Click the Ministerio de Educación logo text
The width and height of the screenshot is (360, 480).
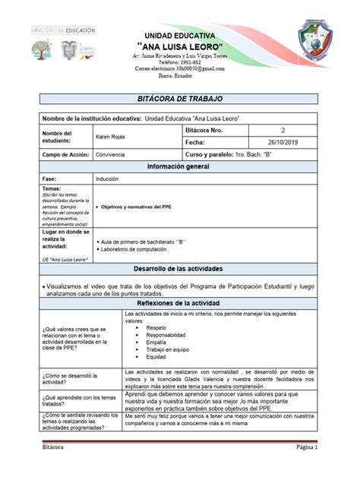coord(63,30)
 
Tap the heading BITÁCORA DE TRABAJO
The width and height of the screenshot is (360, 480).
coord(181,99)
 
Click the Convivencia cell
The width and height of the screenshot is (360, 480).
coord(112,154)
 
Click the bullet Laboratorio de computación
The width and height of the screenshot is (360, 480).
coord(141,248)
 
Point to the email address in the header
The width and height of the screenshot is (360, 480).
coord(179,68)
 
